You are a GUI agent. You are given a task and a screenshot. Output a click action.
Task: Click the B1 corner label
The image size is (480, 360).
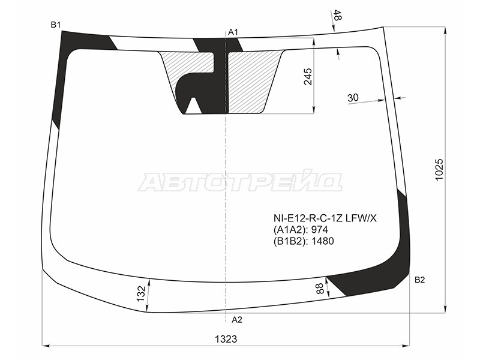tap(56, 25)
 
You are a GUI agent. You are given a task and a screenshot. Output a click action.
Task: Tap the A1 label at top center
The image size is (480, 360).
tap(233, 32)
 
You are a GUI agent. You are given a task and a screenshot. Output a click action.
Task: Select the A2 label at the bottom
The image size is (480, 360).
tap(236, 320)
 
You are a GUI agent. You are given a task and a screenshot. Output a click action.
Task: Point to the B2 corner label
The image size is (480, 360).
tap(419, 280)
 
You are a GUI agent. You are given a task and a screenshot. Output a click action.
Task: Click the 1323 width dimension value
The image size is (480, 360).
tap(226, 339)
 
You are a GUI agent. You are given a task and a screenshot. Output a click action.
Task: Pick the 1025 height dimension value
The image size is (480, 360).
tap(439, 170)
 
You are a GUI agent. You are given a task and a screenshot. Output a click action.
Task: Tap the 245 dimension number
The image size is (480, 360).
tap(307, 77)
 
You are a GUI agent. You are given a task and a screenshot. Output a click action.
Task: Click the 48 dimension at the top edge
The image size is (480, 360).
tap(337, 16)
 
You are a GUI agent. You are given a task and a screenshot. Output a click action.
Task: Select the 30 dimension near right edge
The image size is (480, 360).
tap(353, 98)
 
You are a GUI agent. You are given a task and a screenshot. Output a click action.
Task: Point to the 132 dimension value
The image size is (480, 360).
tap(141, 293)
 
